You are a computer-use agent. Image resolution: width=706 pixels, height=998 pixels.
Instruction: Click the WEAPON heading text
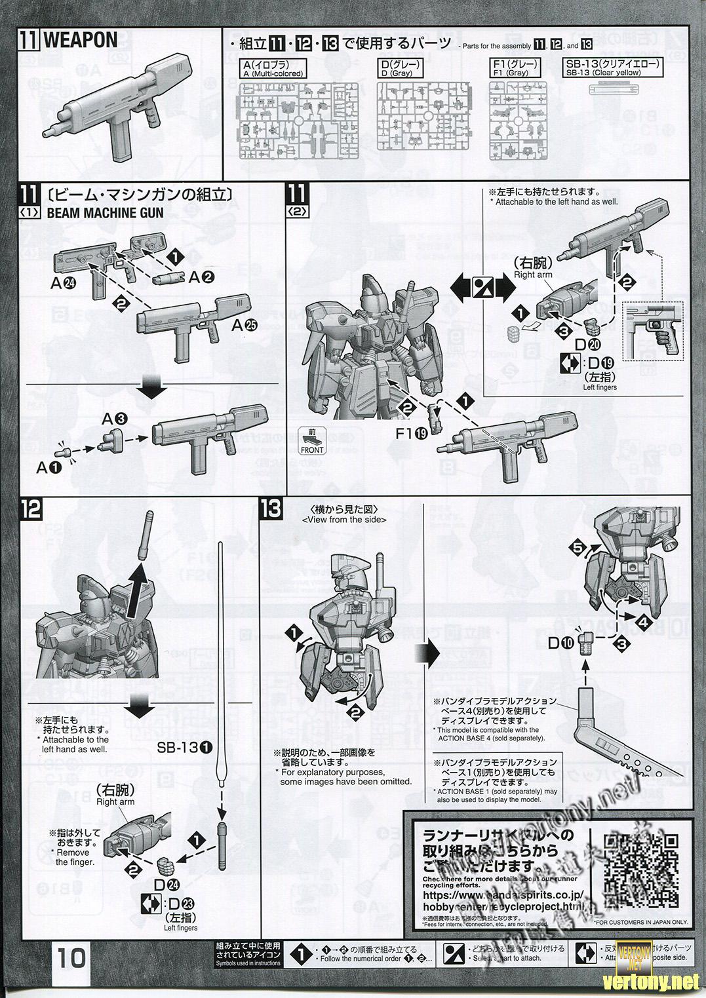tap(80, 40)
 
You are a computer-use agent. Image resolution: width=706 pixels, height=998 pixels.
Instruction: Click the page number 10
tap(71, 958)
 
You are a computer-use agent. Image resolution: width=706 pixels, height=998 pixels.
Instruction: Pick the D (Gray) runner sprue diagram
tap(422, 123)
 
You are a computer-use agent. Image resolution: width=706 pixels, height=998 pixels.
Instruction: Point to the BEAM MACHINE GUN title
tap(103, 213)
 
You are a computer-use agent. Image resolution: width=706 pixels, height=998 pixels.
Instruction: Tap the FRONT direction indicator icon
tap(311, 441)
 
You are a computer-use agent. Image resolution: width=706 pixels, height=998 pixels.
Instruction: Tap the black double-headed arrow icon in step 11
tap(482, 288)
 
